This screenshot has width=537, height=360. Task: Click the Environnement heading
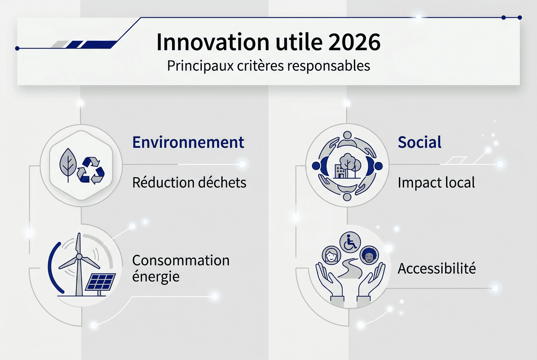188,142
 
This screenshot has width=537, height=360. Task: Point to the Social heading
419,142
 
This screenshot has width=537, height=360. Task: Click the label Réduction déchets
189,183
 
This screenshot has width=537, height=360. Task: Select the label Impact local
436,183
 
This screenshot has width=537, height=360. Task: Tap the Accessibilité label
436,268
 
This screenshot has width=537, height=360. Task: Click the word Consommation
181,260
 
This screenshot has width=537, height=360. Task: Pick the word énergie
156,277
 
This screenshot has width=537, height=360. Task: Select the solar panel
101,281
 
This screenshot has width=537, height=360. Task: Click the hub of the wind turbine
78,256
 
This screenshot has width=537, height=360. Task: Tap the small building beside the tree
339,172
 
